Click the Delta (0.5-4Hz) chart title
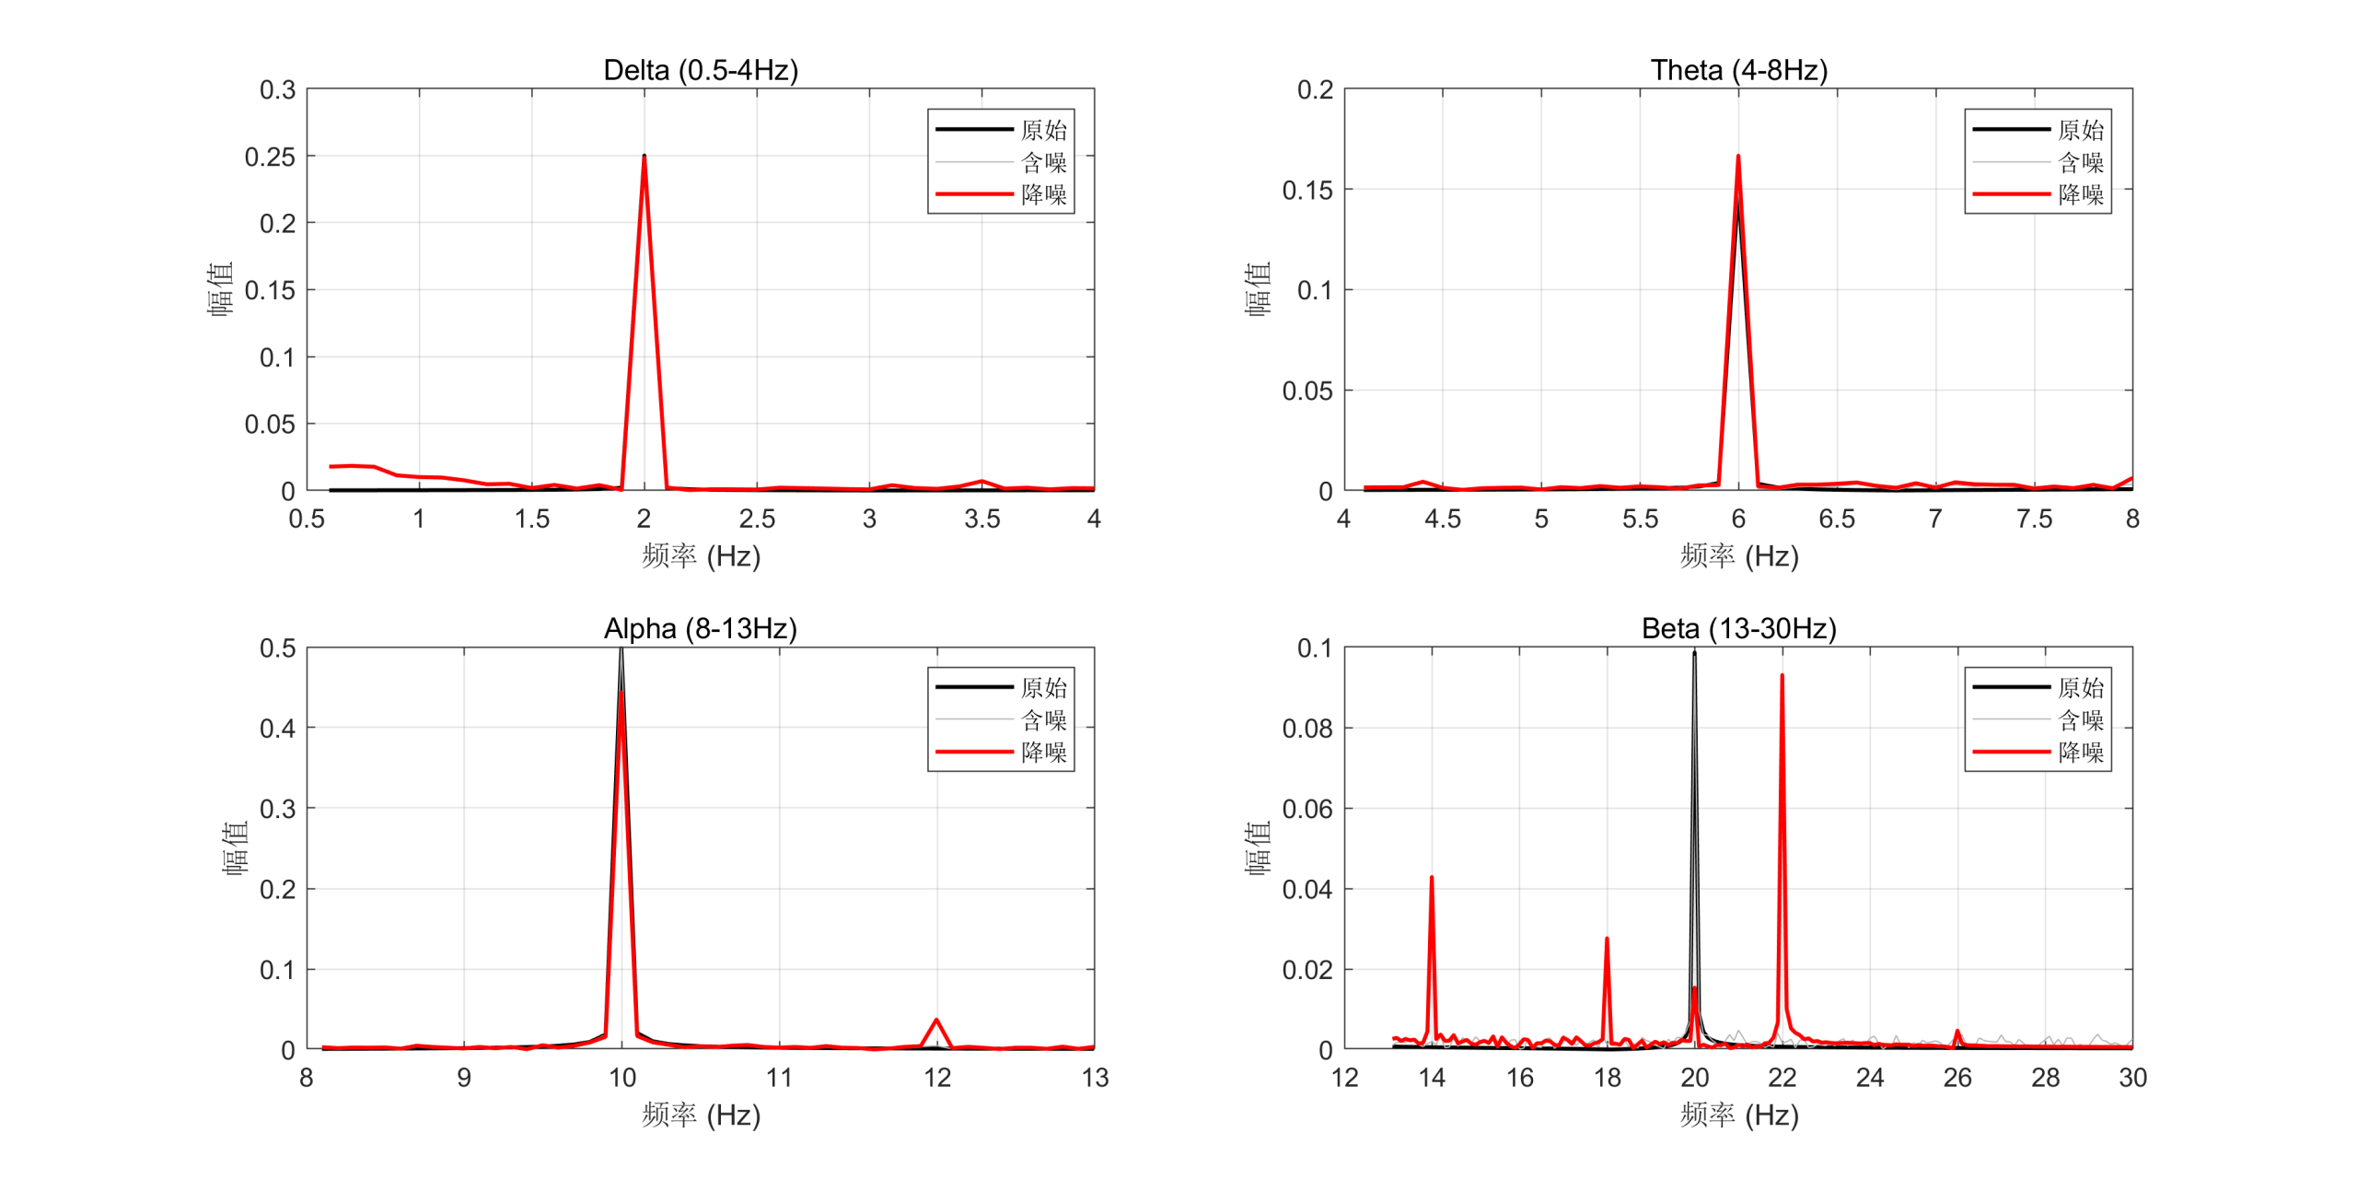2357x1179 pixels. coord(701,70)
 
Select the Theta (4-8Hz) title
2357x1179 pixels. coord(1738,70)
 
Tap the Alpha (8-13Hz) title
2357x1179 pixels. coord(701,628)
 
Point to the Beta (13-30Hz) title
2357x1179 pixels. coord(1738,628)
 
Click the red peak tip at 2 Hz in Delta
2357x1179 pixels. coord(644,157)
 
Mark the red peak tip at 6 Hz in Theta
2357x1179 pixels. coord(1737,157)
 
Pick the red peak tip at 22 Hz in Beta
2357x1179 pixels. coord(1782,676)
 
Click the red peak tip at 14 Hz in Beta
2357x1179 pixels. coord(1431,878)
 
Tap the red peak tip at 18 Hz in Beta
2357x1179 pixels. coord(1607,940)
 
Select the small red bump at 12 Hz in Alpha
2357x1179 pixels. coord(936,1020)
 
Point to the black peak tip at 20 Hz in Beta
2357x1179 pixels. coord(1694,653)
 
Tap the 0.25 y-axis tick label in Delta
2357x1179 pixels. coord(270,157)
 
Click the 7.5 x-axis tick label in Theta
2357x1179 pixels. coord(2034,519)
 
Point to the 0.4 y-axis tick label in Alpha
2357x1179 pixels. coord(277,729)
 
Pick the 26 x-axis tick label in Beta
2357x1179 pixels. coord(1957,1078)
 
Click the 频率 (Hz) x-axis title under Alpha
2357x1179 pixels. coord(701,1115)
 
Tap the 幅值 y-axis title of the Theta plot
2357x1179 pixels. coord(1258,289)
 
